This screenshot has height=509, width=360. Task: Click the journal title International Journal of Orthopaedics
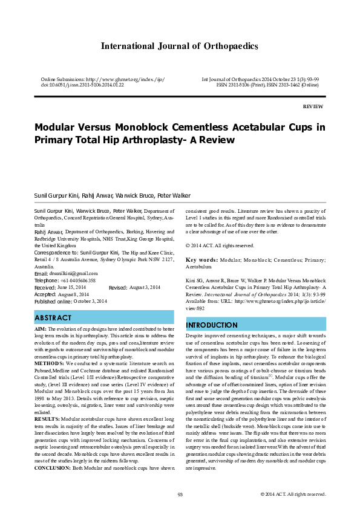coord(179,46)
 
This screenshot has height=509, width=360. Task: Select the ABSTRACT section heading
coord(54,317)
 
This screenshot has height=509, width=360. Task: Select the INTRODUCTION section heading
coord(212,325)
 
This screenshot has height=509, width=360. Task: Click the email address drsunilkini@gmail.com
coord(71,274)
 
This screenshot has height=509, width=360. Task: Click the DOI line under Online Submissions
coord(82,85)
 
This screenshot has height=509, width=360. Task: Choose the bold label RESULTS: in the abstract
coord(47,418)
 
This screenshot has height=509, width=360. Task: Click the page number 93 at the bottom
coord(180,494)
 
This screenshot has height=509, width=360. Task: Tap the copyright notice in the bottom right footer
coord(293,494)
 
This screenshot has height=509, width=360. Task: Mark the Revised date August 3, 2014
coord(144,288)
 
